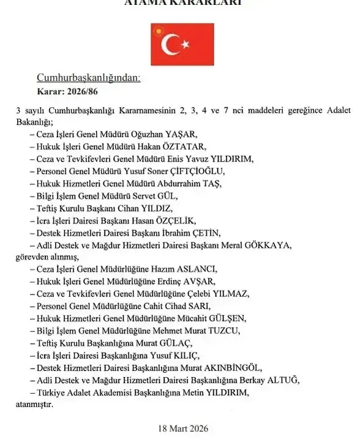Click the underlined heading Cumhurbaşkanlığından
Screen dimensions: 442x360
point(89,78)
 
